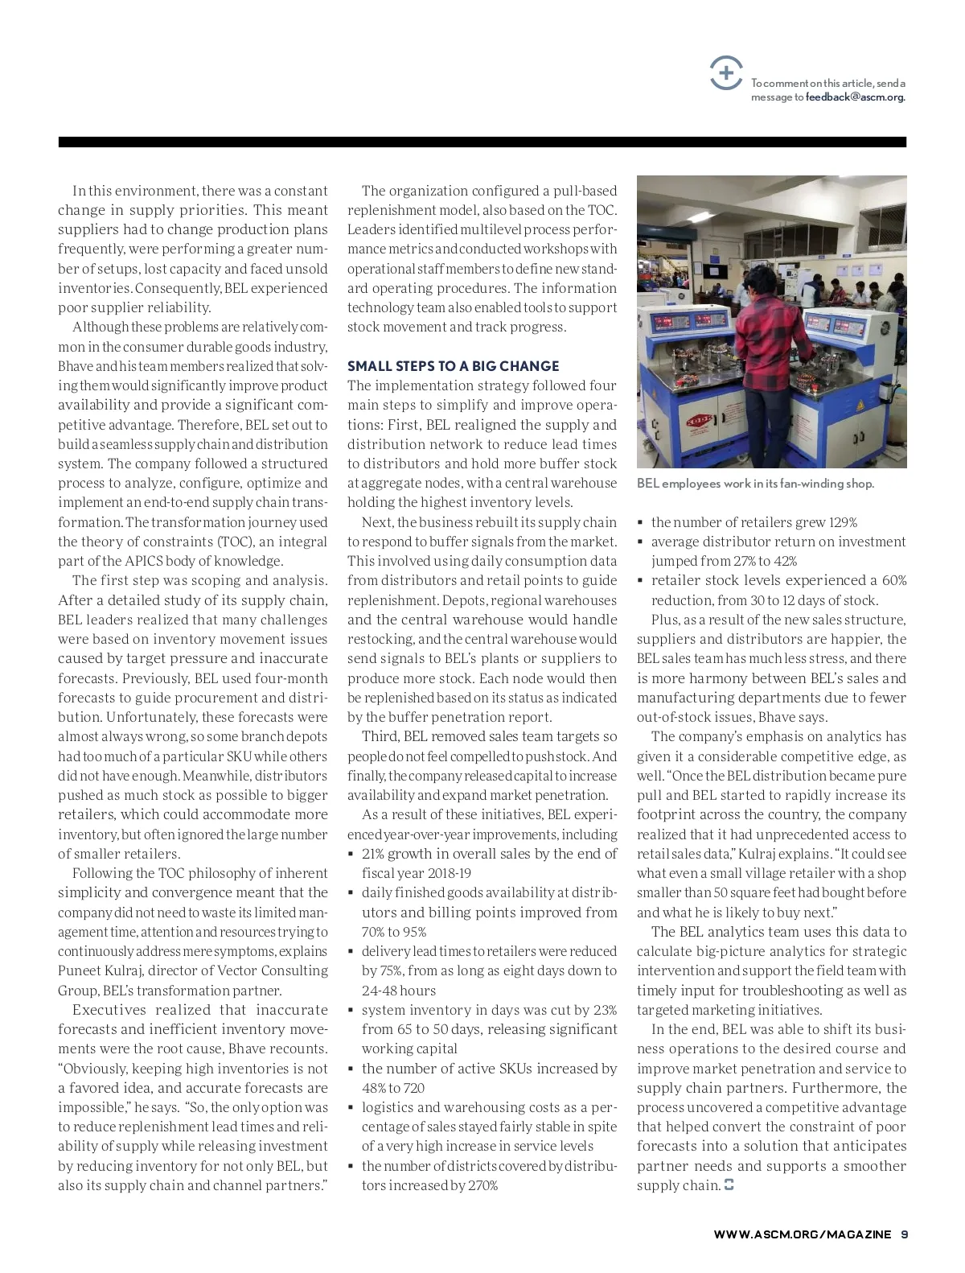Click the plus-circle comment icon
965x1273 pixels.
pos(726,74)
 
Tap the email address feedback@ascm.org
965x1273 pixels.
pos(855,97)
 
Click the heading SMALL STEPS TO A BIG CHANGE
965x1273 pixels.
pos(453,366)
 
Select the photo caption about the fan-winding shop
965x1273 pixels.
pos(755,484)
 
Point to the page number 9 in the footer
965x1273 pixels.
pos(904,1234)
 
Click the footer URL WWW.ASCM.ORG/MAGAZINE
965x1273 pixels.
pos(802,1234)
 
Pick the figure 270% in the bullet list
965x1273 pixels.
pos(481,1185)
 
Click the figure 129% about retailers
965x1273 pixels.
pos(842,522)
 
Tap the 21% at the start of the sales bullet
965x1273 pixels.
pos(375,854)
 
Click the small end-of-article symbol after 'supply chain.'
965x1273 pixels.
pos(729,1185)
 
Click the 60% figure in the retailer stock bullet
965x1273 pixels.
pos(893,581)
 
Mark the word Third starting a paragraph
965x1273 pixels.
pos(380,736)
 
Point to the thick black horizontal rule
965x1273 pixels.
pos(482,142)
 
